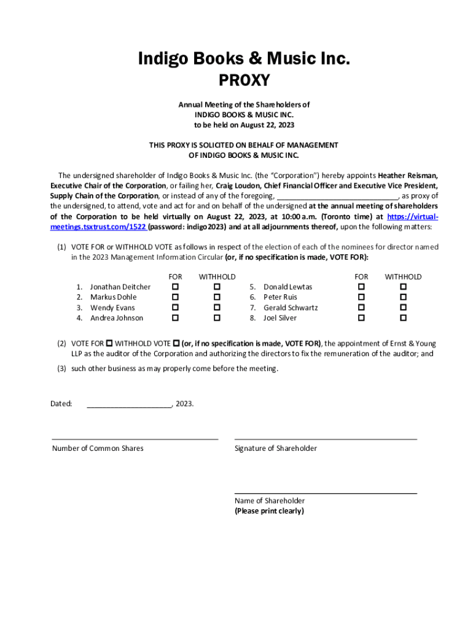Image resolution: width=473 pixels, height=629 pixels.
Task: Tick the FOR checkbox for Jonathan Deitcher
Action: (175, 287)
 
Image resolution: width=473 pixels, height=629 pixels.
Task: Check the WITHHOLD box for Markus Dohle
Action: (217, 297)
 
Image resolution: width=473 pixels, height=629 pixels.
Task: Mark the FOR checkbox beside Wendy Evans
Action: (175, 307)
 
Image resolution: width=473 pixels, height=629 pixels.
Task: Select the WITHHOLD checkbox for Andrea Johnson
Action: (217, 318)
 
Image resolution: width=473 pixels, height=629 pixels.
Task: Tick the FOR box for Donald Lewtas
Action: (361, 287)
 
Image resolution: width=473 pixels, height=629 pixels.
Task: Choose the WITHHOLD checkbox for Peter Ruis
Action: (403, 297)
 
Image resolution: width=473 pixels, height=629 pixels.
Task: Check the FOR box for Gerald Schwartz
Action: (361, 307)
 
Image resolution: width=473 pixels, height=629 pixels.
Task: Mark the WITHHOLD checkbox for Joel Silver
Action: (403, 318)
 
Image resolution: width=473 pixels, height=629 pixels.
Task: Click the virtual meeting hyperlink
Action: (98, 227)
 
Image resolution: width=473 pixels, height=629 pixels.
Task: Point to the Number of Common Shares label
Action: (98, 448)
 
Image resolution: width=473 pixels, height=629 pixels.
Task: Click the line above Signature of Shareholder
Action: (326, 438)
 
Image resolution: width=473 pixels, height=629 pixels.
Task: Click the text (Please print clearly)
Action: (269, 511)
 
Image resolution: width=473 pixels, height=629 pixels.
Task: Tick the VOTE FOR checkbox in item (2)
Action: (109, 343)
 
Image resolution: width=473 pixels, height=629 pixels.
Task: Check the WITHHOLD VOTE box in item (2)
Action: (176, 343)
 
